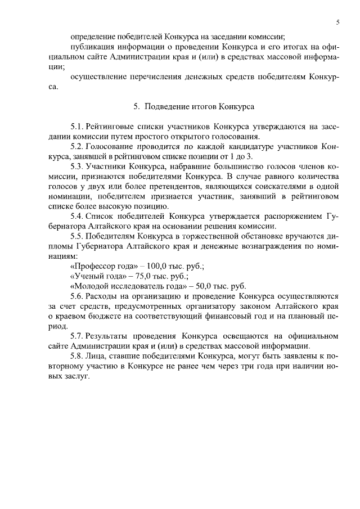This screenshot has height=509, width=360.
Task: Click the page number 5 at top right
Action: (x=337, y=22)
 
